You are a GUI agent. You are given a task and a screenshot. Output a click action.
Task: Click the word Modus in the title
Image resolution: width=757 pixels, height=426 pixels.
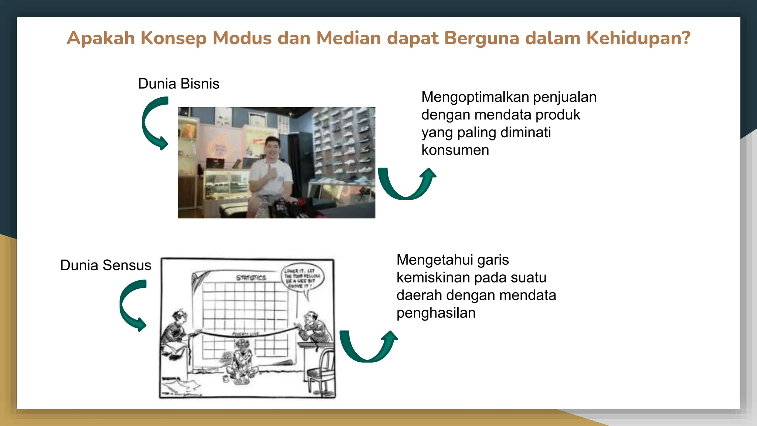click(242, 38)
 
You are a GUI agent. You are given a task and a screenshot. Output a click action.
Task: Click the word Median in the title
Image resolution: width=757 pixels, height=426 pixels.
click(348, 38)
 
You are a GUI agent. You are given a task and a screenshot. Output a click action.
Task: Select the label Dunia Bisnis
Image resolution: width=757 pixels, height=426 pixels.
click(179, 84)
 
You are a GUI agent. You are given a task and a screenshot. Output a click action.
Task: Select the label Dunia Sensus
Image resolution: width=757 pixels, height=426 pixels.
click(106, 265)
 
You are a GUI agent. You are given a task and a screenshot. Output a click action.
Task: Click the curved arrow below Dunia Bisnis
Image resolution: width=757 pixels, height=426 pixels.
click(154, 123)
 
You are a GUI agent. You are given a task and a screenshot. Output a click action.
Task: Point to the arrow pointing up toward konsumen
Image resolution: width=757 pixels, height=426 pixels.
click(407, 184)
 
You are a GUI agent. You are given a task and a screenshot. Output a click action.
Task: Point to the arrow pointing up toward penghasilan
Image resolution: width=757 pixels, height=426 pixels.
click(368, 346)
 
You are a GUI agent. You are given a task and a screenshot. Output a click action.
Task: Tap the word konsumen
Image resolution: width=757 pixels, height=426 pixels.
click(455, 150)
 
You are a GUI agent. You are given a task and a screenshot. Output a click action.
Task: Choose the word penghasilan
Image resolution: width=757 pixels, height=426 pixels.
click(436, 313)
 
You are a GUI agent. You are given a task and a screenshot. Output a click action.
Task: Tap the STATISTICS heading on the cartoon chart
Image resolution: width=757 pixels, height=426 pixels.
click(251, 277)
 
